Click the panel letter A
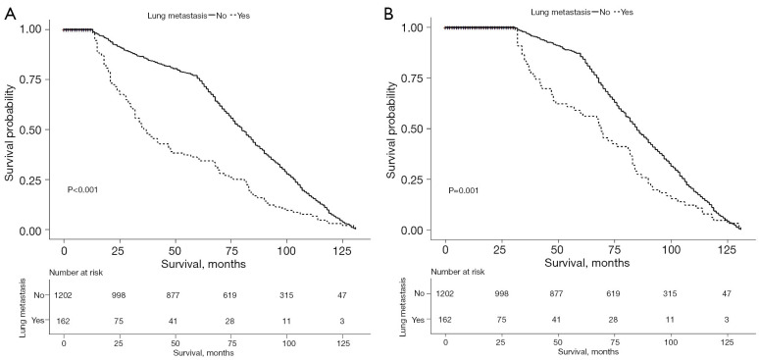click(10, 14)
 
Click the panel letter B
click(389, 14)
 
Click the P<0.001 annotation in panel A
click(82, 190)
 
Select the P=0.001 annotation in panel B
click(463, 190)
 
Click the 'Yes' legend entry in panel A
click(244, 16)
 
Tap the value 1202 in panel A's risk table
click(64, 296)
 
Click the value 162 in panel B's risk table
click(445, 320)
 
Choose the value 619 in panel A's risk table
click(230, 296)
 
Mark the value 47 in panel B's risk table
click(725, 293)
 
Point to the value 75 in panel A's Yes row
click(120, 320)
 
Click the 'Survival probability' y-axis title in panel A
click(10, 129)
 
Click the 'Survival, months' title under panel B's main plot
click(587, 263)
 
